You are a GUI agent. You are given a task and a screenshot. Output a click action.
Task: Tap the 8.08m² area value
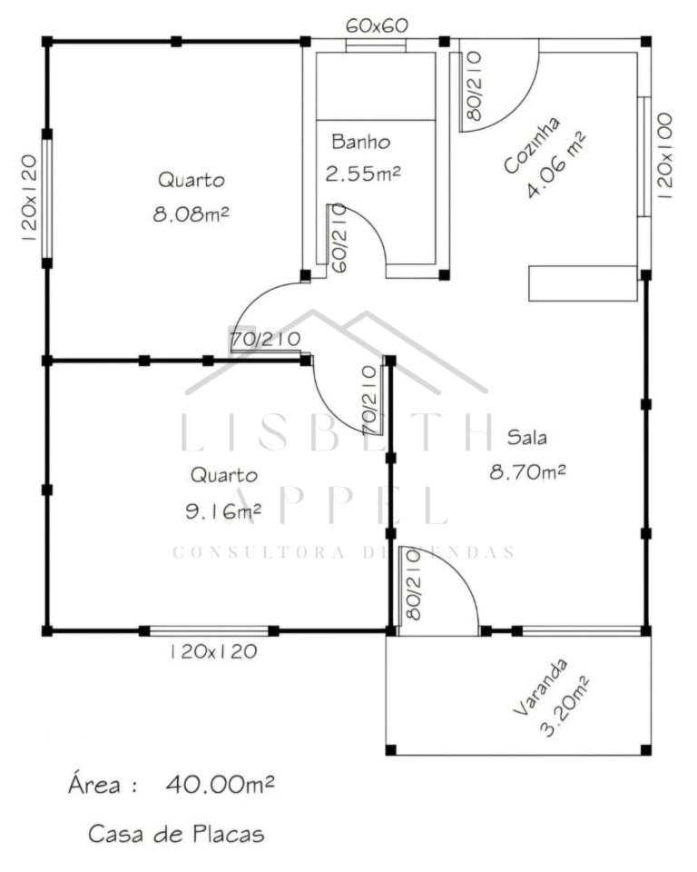pyautogui.click(x=191, y=214)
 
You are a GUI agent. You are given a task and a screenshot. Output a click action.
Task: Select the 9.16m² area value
pyautogui.click(x=223, y=510)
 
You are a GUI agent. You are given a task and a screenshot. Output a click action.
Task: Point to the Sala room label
pyautogui.click(x=526, y=437)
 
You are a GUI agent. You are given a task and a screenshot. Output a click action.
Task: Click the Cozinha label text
pyautogui.click(x=532, y=145)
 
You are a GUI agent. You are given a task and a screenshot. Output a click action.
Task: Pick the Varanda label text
pyautogui.click(x=540, y=688)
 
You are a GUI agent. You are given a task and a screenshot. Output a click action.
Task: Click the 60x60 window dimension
pyautogui.click(x=377, y=25)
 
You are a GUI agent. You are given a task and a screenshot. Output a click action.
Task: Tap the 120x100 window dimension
pyautogui.click(x=664, y=155)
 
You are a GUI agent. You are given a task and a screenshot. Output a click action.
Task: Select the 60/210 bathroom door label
pyautogui.click(x=339, y=238)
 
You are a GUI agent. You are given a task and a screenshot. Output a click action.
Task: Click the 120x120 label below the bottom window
pyautogui.click(x=213, y=651)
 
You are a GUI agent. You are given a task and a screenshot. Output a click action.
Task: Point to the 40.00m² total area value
pyautogui.click(x=221, y=784)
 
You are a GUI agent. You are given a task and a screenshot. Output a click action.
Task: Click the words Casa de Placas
pyautogui.click(x=176, y=834)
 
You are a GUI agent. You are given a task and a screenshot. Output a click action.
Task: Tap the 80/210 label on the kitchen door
pyautogui.click(x=474, y=86)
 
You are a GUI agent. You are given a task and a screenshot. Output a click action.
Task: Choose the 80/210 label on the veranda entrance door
pyautogui.click(x=414, y=585)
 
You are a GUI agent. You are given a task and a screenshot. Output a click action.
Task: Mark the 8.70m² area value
pyautogui.click(x=527, y=472)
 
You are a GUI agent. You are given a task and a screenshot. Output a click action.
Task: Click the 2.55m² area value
pyautogui.click(x=363, y=174)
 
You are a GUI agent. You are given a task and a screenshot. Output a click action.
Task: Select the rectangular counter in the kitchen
pyautogui.click(x=583, y=283)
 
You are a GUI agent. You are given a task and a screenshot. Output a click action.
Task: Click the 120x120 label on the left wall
pyautogui.click(x=29, y=197)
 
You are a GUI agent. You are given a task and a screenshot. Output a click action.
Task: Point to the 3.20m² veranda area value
pyautogui.click(x=564, y=707)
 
